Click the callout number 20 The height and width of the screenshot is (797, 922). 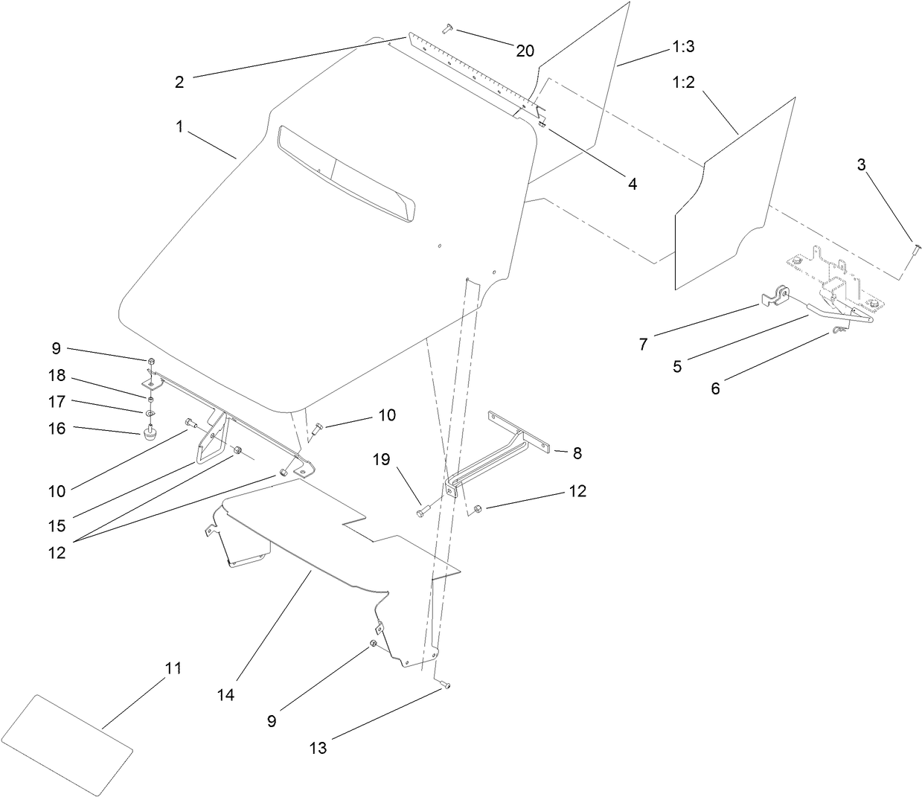[525, 51]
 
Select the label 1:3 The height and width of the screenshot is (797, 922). [683, 46]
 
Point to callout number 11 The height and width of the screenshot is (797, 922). [173, 668]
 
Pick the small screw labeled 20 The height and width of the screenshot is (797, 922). [447, 28]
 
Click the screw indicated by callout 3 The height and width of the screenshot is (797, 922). [915, 249]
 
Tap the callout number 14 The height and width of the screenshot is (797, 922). [226, 694]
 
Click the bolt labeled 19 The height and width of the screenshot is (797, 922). [423, 510]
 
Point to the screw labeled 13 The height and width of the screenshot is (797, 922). [445, 685]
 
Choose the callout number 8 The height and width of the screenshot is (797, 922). [577, 452]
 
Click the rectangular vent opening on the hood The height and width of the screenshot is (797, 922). [345, 171]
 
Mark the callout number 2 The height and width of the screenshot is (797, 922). [179, 83]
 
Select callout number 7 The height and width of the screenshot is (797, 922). [643, 344]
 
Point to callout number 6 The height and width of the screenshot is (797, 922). [715, 388]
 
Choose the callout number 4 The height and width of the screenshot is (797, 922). [632, 183]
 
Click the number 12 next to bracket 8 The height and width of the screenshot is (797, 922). [577, 491]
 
